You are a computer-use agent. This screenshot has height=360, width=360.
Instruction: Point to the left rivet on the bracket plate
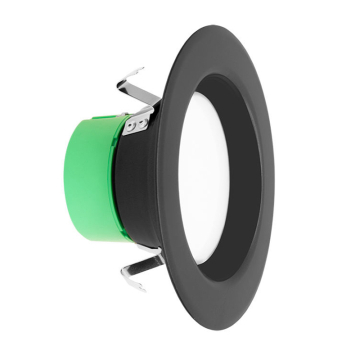pyautogui.click(x=131, y=127)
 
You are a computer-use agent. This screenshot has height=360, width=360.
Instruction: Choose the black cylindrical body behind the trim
pyautogui.click(x=140, y=190)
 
